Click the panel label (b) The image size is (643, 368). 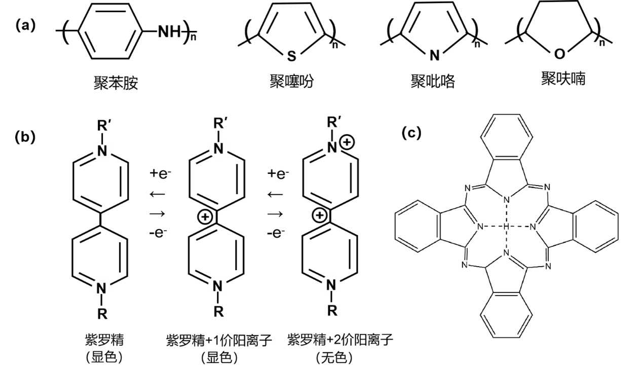[x=26, y=137]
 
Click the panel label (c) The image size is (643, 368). [x=411, y=132]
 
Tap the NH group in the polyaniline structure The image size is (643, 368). [x=169, y=32]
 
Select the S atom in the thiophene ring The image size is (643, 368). [x=291, y=56]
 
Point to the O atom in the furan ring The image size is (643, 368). [x=559, y=53]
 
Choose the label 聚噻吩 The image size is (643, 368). [x=291, y=81]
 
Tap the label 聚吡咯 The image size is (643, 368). [x=433, y=81]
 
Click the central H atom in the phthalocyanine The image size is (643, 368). [x=506, y=226]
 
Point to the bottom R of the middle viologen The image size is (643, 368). [x=218, y=311]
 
